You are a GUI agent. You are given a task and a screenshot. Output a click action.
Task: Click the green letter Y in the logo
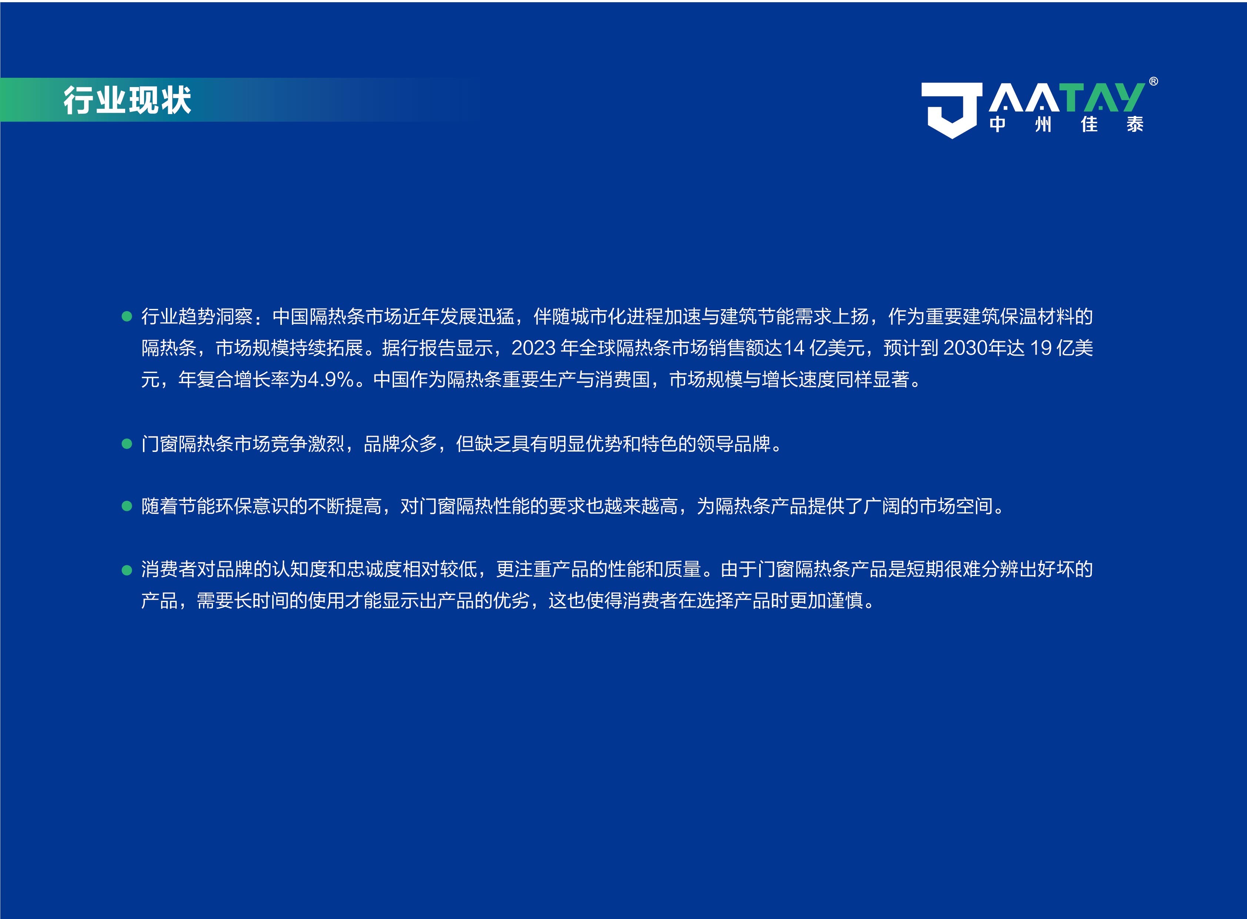(x=1128, y=98)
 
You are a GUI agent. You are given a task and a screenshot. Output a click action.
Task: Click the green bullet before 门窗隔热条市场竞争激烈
(x=127, y=444)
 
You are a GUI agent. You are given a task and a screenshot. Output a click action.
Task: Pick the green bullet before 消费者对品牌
(x=127, y=570)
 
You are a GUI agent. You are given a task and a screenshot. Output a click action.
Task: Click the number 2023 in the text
(x=533, y=348)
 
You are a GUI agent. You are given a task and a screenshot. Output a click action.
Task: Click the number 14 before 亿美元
(x=794, y=348)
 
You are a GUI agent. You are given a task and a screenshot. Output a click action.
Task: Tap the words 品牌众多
(x=400, y=444)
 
